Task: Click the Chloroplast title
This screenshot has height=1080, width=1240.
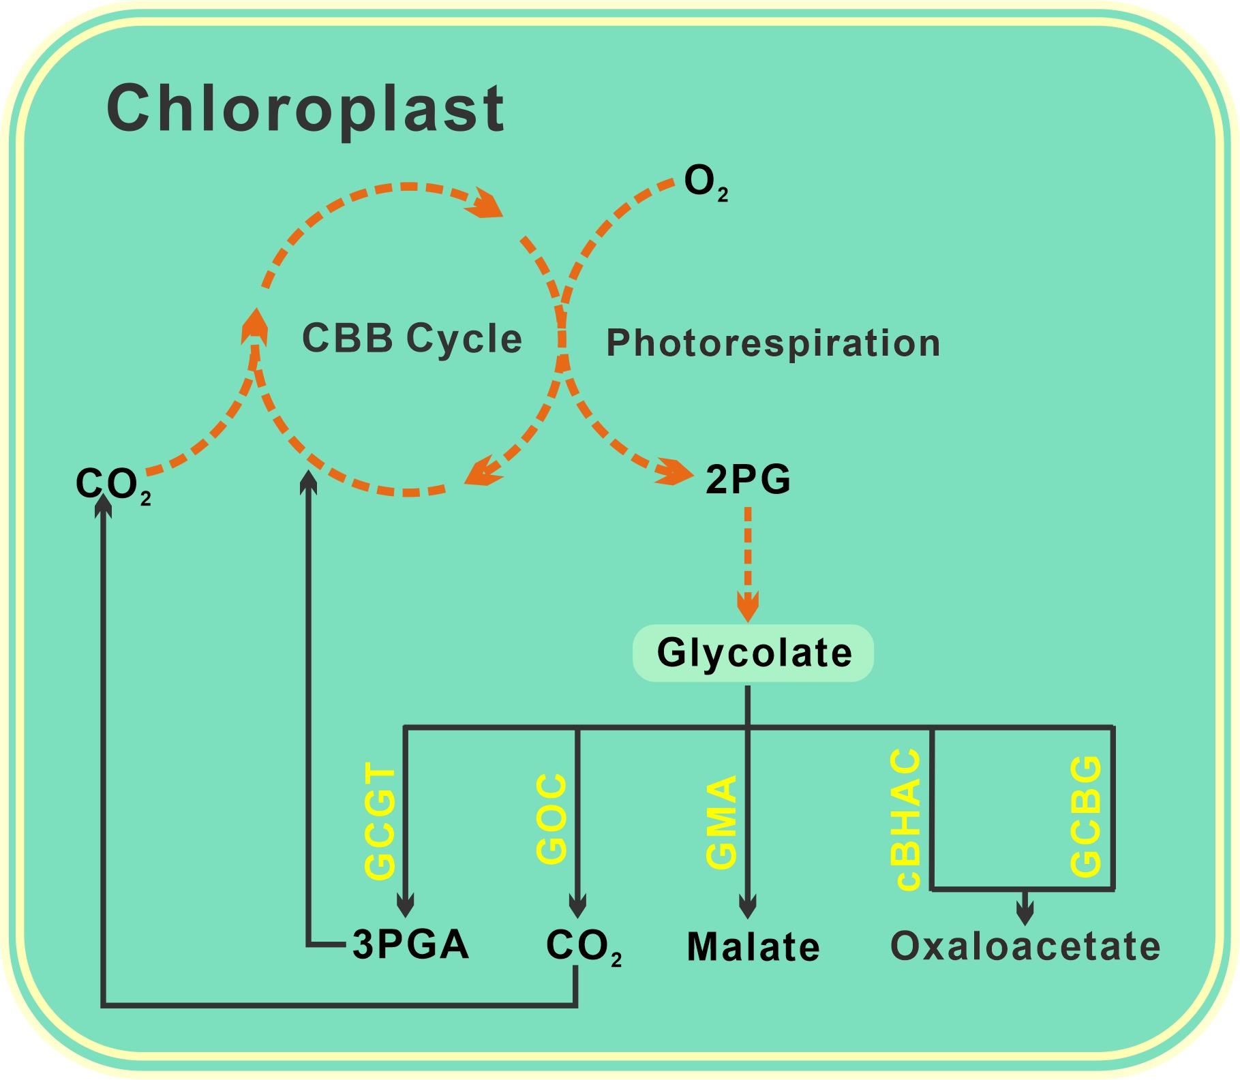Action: pyautogui.click(x=305, y=109)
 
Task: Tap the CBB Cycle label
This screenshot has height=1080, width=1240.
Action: pyautogui.click(x=412, y=338)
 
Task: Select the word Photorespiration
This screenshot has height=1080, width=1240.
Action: pyautogui.click(x=773, y=343)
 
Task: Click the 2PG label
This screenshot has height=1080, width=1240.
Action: pyautogui.click(x=748, y=480)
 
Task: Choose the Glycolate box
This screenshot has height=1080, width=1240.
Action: pyautogui.click(x=754, y=653)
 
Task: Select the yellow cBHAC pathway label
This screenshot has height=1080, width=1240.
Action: pyautogui.click(x=909, y=820)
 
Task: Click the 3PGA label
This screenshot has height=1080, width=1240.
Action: pyautogui.click(x=411, y=945)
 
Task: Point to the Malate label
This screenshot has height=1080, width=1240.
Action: pyautogui.click(x=753, y=947)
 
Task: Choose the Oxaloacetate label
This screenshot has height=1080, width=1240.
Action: pyautogui.click(x=1025, y=946)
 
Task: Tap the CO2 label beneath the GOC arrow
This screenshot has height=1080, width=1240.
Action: pyautogui.click(x=583, y=946)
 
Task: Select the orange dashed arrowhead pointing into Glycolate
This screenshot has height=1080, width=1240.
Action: pyautogui.click(x=748, y=607)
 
